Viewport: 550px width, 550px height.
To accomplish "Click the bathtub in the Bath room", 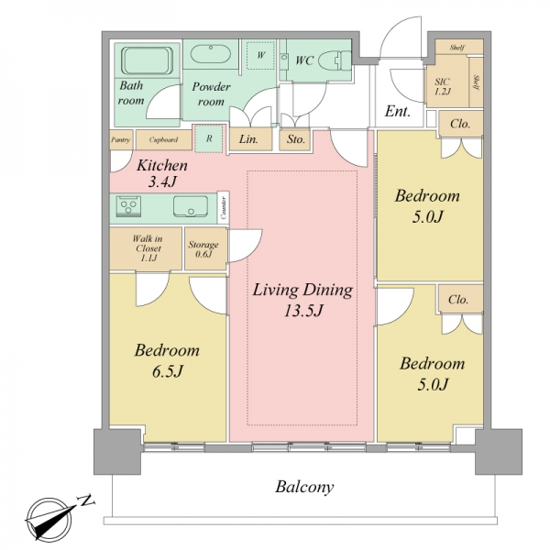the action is [148, 60].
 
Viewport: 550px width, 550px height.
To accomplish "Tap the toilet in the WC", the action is [335, 60].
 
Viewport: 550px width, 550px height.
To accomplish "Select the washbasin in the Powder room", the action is [211, 54].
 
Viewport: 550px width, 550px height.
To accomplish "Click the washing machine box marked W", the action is [260, 55].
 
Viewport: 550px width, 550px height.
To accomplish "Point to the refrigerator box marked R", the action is [209, 138].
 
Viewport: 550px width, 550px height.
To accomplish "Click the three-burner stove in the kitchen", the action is [128, 206].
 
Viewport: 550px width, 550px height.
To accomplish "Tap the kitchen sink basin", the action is [191, 206].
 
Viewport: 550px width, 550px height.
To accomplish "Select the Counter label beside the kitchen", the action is [224, 207].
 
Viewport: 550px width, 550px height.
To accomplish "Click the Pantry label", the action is [121, 139].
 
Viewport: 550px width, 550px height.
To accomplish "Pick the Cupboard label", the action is [163, 139].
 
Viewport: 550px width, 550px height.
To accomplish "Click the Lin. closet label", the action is [248, 139].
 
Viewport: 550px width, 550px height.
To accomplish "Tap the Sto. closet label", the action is [296, 139].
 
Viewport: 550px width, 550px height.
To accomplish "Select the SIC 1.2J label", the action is [443, 86].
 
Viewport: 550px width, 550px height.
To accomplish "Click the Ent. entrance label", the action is [398, 111].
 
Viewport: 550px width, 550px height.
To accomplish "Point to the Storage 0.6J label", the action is [203, 249].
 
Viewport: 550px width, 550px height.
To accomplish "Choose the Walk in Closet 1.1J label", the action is [148, 248].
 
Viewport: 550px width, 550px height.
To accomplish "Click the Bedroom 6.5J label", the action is [167, 360].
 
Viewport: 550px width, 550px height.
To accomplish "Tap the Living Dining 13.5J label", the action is [302, 300].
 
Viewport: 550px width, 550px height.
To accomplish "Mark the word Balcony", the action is [304, 488].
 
